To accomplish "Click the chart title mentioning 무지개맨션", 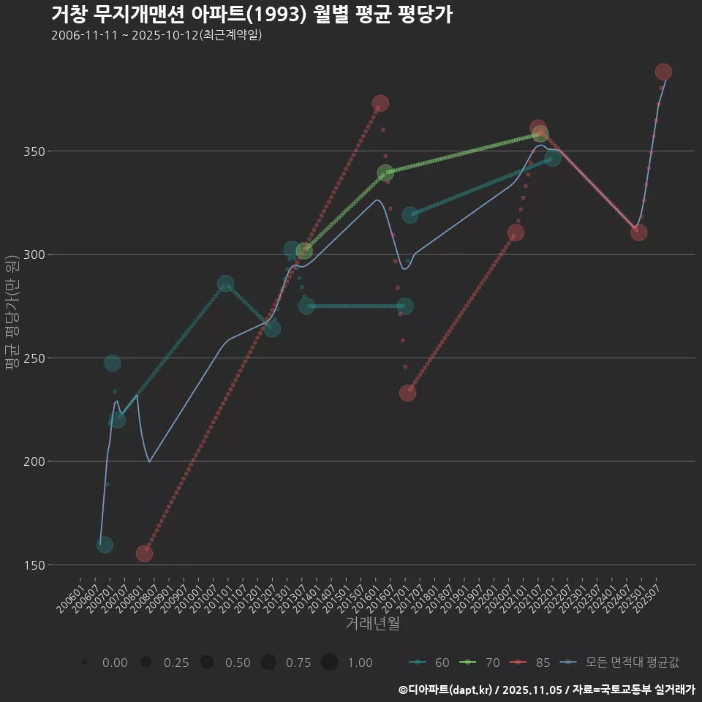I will click(x=252, y=15).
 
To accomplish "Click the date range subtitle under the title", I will click(x=156, y=35).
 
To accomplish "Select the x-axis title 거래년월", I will click(x=372, y=624).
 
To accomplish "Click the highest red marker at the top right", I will click(x=663, y=72).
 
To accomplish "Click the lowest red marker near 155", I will click(x=144, y=554).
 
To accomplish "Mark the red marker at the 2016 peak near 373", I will click(x=380, y=103).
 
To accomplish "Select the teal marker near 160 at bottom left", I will click(x=105, y=545).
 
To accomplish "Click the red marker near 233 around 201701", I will click(x=407, y=393).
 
